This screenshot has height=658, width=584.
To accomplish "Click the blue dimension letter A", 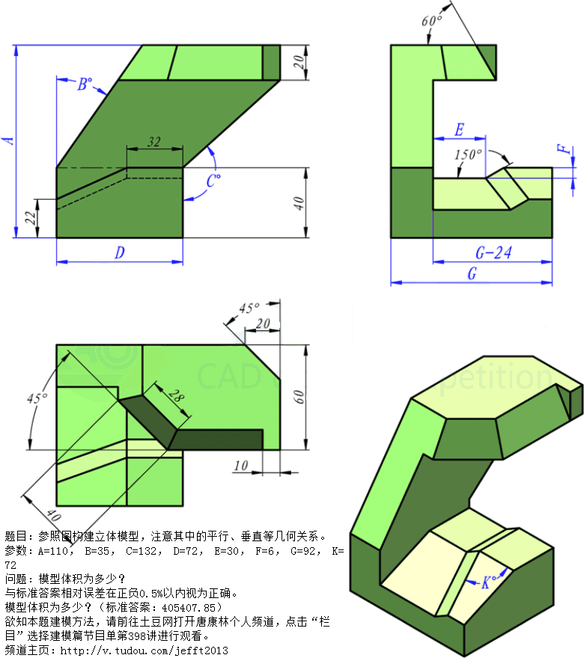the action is pos(9,140).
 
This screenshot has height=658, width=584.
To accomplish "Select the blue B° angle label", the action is pos(85,84).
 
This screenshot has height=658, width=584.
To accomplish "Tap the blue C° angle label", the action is pos(213,181).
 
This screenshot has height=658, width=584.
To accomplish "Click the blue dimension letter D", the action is pos(120,252).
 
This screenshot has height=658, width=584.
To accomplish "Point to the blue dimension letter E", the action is pos(459,130).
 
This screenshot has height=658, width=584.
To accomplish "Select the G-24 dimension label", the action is pos(493,252).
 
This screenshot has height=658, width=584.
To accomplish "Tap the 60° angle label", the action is pos(432,20).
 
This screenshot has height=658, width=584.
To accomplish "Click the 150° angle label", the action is pos(468,154).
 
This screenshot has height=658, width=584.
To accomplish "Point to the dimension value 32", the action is pos(154,141).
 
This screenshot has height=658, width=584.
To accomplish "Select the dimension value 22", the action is pos(30,218).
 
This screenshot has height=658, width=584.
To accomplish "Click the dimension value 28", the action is pos(177,395).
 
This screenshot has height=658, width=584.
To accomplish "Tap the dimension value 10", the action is pos(241,466).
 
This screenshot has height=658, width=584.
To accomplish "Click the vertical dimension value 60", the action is pos(298,397).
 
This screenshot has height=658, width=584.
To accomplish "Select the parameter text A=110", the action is pos(53,550).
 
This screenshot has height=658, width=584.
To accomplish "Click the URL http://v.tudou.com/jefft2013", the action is pos(144,651).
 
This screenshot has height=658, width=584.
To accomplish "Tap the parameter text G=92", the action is pos(302,550).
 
